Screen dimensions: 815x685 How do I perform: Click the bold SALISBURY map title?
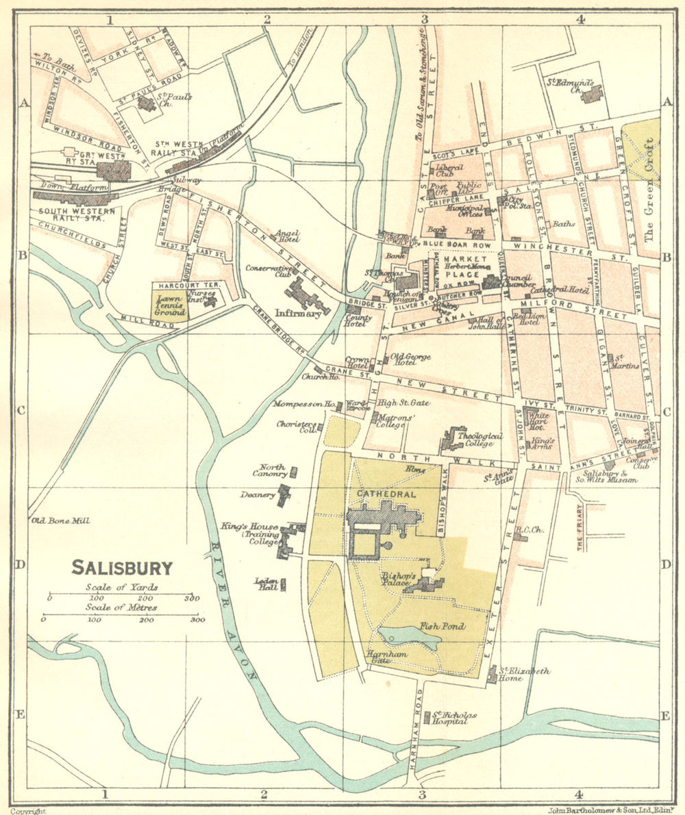click(x=122, y=568)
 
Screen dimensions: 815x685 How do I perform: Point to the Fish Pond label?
click(x=443, y=626)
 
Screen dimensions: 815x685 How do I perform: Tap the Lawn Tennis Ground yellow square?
click(x=169, y=306)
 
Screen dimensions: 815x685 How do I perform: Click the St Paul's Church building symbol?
click(x=145, y=103)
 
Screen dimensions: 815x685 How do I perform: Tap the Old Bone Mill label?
click(x=60, y=521)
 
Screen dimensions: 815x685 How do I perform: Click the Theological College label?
click(x=480, y=439)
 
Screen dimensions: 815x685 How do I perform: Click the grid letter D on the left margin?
click(x=20, y=565)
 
